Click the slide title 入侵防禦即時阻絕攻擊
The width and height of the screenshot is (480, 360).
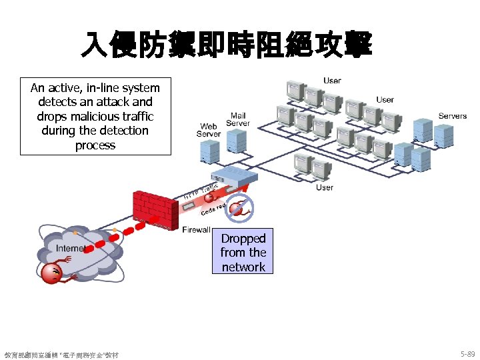226,45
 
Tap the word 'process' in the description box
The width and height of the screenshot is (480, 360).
95,145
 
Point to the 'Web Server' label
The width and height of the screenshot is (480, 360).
208,130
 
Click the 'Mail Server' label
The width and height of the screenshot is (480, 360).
238,119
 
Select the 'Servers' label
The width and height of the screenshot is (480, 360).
452,116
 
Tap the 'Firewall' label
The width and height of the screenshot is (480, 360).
196,230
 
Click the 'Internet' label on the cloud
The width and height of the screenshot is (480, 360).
70,249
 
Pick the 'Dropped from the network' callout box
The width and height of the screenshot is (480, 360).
243,253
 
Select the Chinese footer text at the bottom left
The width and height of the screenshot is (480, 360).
61,355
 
